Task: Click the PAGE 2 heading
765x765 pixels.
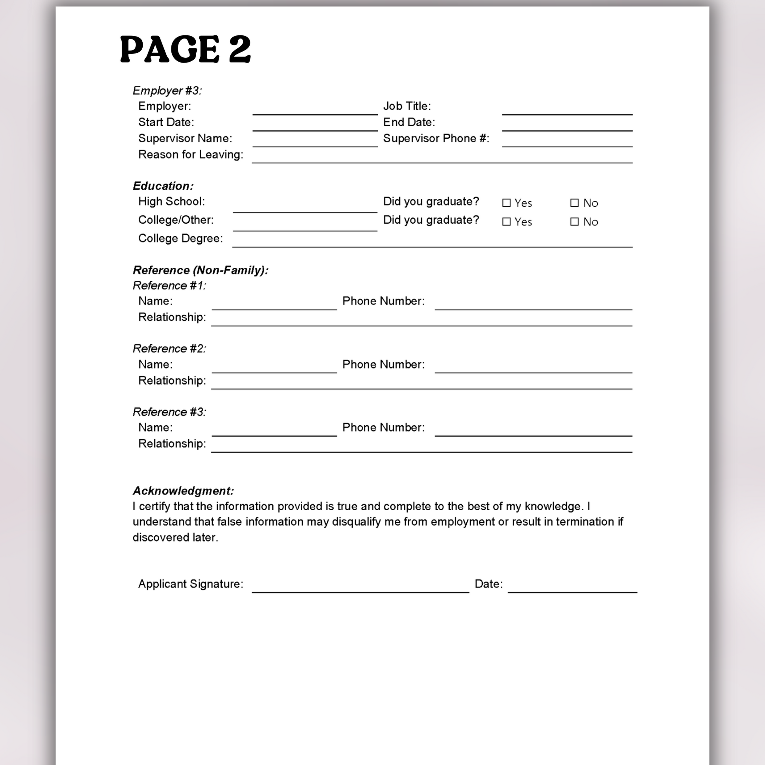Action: click(x=185, y=49)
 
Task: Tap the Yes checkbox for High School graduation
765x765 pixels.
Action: click(x=506, y=203)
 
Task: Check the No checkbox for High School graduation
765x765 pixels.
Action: click(x=574, y=203)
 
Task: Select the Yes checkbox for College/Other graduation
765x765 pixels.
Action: click(x=506, y=222)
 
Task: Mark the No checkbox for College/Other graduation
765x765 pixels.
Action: click(x=574, y=222)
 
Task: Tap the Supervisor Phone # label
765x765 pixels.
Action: click(x=436, y=139)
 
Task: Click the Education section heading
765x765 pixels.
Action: click(x=163, y=186)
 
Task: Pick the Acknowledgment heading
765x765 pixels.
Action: click(x=183, y=491)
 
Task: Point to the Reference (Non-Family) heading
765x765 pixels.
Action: click(x=200, y=270)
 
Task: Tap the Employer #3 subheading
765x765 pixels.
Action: click(x=167, y=91)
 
